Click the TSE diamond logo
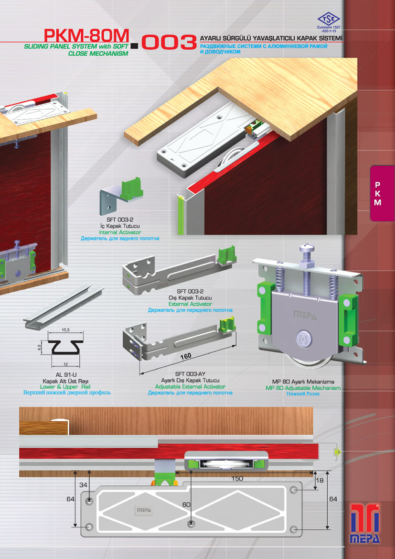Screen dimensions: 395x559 tap(329, 19)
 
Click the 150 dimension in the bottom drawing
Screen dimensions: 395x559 tap(237, 479)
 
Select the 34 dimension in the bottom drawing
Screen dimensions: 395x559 tap(83, 485)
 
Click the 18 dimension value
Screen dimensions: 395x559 tap(320, 480)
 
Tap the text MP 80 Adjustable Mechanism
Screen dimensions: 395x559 tap(303, 388)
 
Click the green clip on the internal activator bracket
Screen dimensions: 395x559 tap(132, 190)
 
